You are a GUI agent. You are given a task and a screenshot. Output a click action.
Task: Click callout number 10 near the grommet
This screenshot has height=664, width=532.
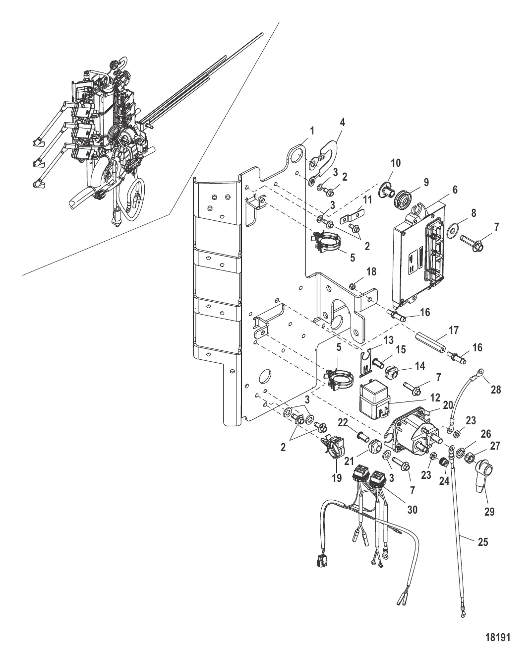(396, 163)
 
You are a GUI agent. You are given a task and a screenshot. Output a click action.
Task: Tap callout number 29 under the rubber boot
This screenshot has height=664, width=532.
(489, 512)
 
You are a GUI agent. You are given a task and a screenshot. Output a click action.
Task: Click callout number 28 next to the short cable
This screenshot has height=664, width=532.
(495, 390)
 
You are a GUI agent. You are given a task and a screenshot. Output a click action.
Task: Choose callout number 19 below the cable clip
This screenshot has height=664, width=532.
(337, 478)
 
